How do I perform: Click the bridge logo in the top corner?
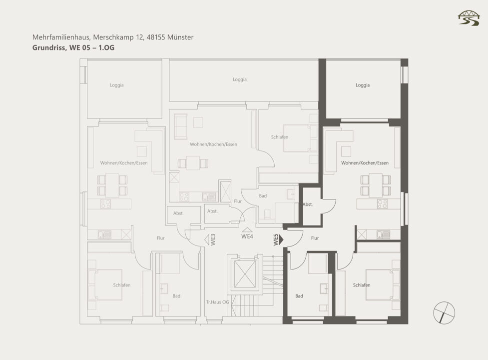[x=469, y=18]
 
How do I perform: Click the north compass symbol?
[x=444, y=312]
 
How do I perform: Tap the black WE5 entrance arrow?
[x=281, y=239]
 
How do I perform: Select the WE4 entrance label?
[x=247, y=236]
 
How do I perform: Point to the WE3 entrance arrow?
[x=207, y=240]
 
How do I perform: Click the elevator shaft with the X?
[x=245, y=274]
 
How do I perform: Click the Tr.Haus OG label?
[x=218, y=302]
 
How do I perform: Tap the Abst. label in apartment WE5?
[x=308, y=204]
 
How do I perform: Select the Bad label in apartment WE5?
[x=299, y=296]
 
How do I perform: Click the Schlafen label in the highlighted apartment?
[x=362, y=285]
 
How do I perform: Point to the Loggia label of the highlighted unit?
[x=363, y=85]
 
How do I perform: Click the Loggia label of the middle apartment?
[x=240, y=79]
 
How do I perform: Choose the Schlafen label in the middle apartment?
[x=280, y=137]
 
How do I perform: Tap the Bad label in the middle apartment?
[x=263, y=196]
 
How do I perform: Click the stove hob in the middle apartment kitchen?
[x=184, y=197]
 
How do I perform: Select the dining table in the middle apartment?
[x=193, y=163]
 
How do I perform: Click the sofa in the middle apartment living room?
[x=180, y=126]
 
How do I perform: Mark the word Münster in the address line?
[x=180, y=37]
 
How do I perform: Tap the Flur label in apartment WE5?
[x=315, y=238]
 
